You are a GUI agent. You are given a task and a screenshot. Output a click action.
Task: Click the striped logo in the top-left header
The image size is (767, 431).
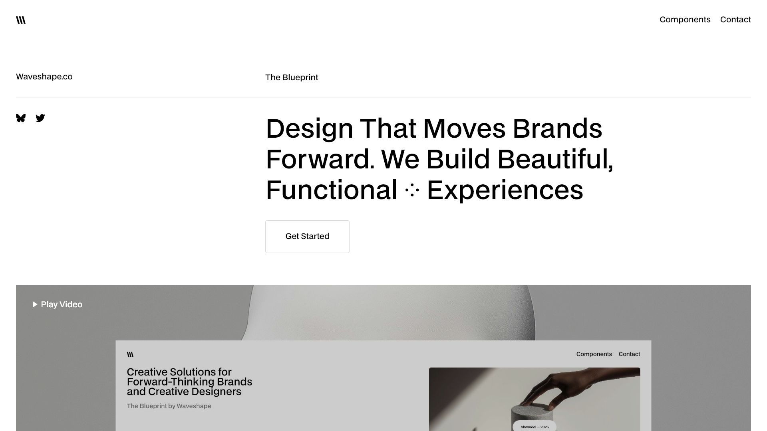click(x=21, y=20)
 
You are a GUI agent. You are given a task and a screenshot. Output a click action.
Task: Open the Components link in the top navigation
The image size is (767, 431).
click(x=685, y=20)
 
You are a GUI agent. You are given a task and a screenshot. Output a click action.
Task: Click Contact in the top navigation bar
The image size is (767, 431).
click(x=735, y=20)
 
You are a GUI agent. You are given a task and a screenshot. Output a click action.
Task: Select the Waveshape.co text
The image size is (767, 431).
click(x=44, y=77)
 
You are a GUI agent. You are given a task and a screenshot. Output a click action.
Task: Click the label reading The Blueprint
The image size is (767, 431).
click(x=292, y=77)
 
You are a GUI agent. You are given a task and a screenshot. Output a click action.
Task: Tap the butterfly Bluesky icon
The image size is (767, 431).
click(x=21, y=118)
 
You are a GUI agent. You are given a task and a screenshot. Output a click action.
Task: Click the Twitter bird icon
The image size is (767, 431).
click(x=40, y=118)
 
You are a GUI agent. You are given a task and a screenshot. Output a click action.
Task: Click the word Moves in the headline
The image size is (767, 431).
click(x=464, y=129)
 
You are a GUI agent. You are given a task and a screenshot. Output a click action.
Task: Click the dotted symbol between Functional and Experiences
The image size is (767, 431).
click(x=412, y=190)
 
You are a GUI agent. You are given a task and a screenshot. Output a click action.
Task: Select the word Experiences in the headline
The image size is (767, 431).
click(x=505, y=190)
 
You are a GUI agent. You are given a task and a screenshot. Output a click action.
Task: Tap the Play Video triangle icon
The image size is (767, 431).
click(x=35, y=304)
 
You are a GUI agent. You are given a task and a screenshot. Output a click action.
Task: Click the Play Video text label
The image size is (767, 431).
click(x=62, y=304)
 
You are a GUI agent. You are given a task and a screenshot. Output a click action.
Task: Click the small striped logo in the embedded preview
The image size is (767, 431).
click(x=130, y=354)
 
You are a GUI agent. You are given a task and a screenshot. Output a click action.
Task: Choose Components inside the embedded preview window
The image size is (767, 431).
click(x=594, y=354)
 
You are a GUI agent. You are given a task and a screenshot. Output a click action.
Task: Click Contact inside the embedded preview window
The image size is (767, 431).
click(x=629, y=354)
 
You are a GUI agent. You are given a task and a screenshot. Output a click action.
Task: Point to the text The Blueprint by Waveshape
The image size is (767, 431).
click(x=169, y=406)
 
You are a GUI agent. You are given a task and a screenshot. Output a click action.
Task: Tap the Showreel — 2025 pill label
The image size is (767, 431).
click(x=535, y=427)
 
